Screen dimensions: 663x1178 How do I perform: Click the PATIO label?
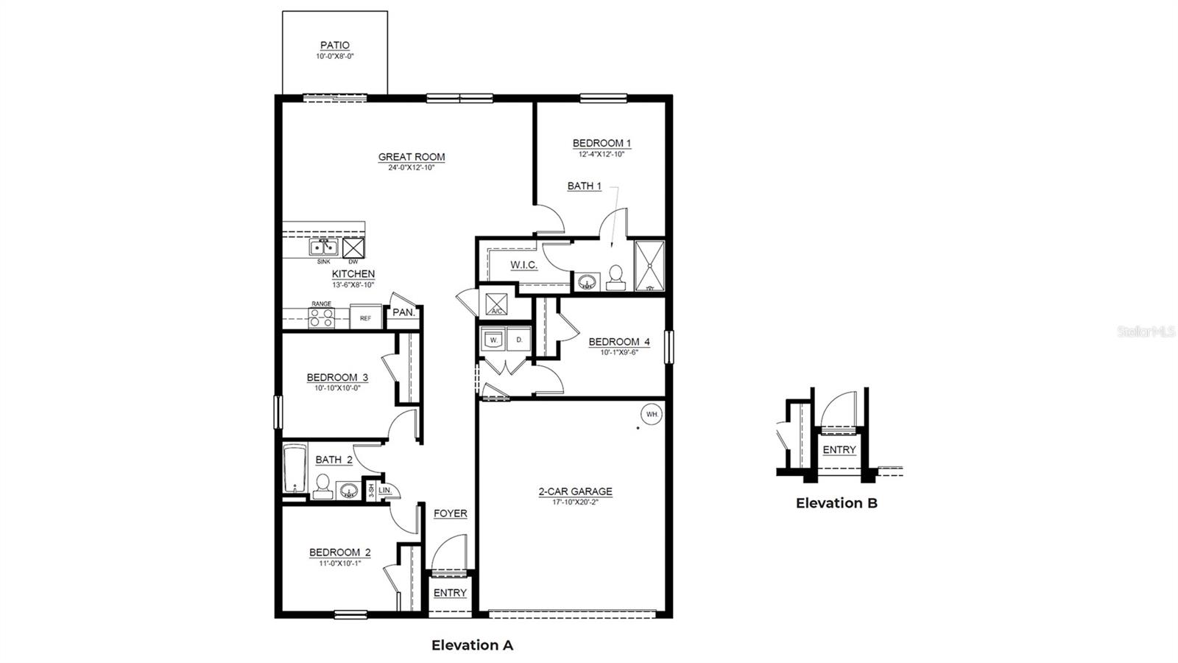[334, 46]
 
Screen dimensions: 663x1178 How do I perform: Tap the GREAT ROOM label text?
[411, 157]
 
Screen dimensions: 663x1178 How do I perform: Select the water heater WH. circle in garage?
[652, 415]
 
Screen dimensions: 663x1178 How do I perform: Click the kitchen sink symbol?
[323, 248]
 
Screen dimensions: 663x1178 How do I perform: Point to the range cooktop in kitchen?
[321, 318]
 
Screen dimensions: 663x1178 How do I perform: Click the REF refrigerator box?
[365, 318]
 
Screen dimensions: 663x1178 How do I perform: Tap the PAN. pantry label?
[403, 312]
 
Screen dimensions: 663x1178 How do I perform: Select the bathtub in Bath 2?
[294, 468]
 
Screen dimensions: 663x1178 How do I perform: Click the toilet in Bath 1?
[616, 278]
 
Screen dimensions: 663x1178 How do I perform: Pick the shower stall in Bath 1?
[649, 265]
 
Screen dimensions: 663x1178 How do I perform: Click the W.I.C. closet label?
[523, 265]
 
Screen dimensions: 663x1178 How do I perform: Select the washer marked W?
[492, 340]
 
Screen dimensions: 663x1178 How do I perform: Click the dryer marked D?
[518, 340]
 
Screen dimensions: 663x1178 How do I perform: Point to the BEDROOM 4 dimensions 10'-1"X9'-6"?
[618, 352]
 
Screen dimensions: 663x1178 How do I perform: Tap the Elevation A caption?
[472, 645]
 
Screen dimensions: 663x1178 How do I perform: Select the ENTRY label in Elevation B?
[839, 450]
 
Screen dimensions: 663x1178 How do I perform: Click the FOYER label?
[450, 513]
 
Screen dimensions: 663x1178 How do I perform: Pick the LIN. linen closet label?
[385, 490]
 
